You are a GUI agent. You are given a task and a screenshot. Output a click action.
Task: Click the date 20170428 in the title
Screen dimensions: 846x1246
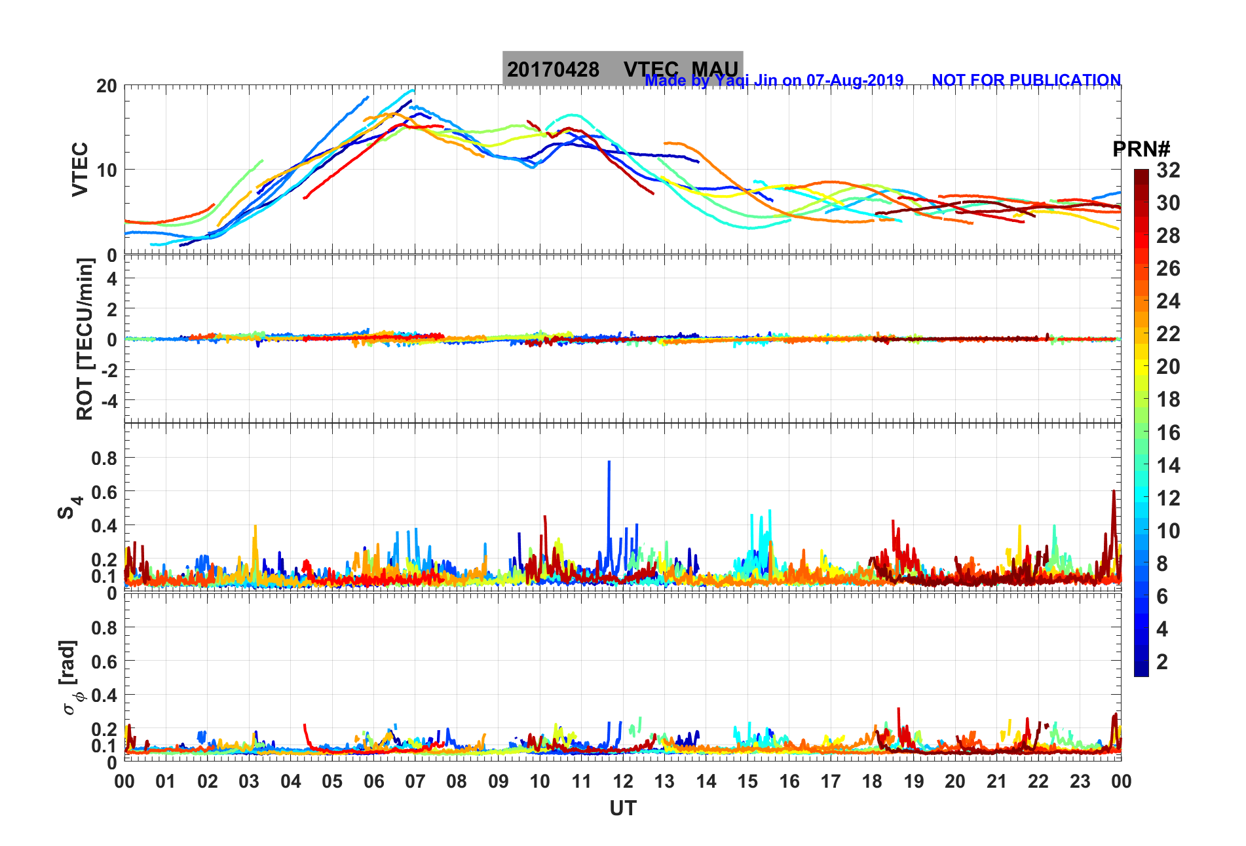click(553, 69)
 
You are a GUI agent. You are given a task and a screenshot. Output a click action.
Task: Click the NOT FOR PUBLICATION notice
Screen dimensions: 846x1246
click(1026, 80)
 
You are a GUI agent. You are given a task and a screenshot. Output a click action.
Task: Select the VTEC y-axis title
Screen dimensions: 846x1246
click(80, 169)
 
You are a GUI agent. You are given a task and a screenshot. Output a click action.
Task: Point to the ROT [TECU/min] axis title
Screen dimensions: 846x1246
click(85, 339)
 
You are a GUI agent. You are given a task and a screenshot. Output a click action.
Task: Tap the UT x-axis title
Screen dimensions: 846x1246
click(622, 809)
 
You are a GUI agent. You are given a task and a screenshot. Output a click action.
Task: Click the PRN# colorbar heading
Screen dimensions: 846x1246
click(1141, 149)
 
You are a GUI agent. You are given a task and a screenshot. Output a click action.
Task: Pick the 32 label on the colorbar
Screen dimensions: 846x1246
click(1168, 170)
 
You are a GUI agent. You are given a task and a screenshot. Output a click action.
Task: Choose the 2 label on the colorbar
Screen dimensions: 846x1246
click(1162, 661)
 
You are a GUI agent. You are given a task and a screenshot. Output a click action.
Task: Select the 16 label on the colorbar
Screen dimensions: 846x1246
click(1168, 432)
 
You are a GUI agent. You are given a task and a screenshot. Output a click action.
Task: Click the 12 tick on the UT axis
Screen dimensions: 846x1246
click(623, 781)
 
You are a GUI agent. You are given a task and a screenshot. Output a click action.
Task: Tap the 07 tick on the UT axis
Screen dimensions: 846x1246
click(415, 781)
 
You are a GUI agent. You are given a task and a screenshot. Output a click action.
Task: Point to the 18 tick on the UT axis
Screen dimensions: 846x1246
click(872, 781)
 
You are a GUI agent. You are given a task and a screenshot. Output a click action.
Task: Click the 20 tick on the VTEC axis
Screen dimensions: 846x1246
click(107, 86)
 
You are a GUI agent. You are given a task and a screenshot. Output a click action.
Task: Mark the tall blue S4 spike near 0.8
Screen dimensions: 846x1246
click(609, 462)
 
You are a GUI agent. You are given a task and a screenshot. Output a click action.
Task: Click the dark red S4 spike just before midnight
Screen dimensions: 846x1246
click(1113, 492)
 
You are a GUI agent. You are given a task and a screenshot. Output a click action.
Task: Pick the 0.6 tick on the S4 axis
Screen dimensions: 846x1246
click(104, 492)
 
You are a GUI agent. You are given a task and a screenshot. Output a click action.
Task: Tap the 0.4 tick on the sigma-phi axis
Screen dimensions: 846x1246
click(104, 695)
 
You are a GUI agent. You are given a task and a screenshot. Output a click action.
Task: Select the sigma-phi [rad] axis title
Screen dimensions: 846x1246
click(71, 678)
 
